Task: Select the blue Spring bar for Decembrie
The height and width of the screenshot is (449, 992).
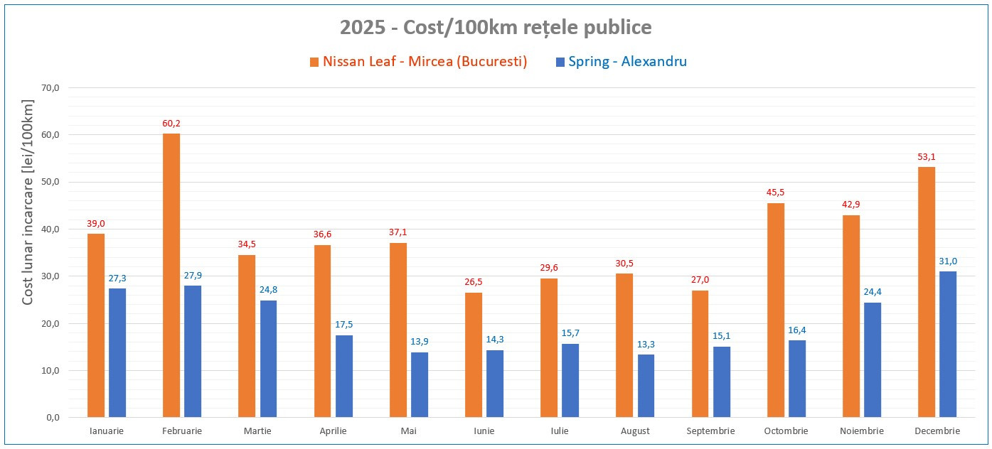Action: click(948, 344)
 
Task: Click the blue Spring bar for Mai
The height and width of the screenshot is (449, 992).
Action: click(420, 384)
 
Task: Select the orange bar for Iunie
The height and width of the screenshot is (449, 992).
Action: click(474, 355)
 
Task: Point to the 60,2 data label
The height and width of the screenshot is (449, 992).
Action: click(171, 124)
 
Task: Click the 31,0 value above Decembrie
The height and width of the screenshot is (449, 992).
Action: click(948, 261)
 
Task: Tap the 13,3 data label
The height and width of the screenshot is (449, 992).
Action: click(646, 345)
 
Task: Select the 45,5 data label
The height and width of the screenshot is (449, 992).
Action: click(776, 193)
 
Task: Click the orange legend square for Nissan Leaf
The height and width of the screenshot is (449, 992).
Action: click(314, 63)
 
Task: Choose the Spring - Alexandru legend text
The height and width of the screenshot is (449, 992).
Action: click(628, 62)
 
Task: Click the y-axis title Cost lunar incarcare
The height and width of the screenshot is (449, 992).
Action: click(28, 203)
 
